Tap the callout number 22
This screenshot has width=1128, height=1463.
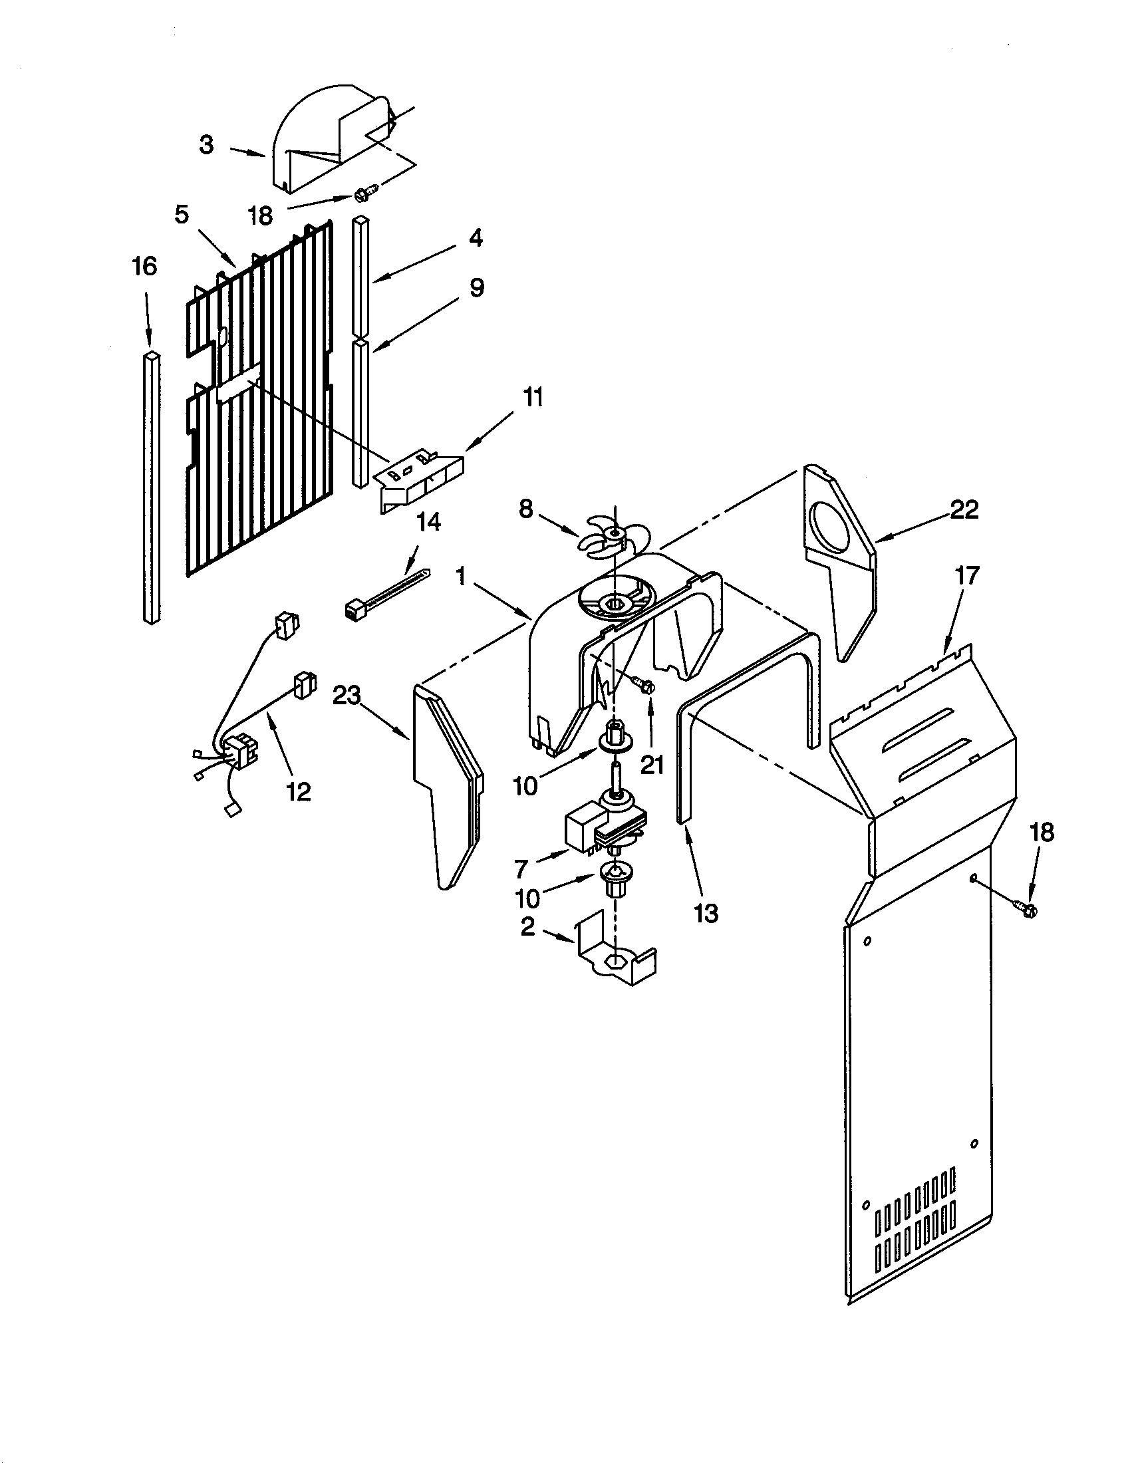[x=964, y=510]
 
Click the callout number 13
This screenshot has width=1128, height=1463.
[x=706, y=912]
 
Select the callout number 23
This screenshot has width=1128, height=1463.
[x=347, y=697]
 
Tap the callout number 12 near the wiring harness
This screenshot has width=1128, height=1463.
[x=299, y=792]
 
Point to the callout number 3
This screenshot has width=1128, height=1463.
[x=207, y=144]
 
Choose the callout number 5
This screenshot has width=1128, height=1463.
[x=182, y=215]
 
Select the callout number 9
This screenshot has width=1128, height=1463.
[x=476, y=288]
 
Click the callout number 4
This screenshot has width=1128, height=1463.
[x=475, y=238]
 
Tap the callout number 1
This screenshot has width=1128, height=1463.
[x=460, y=575]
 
